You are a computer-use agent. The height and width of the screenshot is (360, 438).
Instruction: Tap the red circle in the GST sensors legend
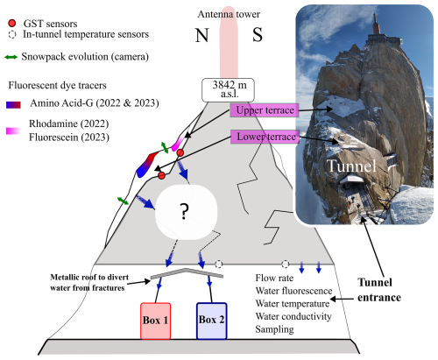tap(11, 19)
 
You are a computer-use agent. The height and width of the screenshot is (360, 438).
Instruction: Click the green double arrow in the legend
tap(11, 56)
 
